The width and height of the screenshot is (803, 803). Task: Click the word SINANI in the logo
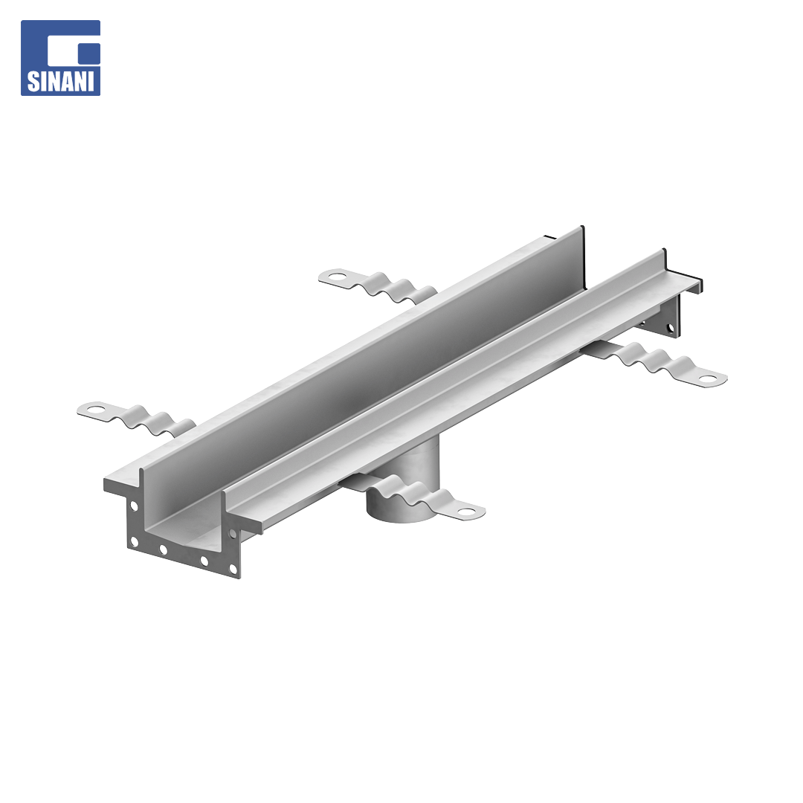pos(60,82)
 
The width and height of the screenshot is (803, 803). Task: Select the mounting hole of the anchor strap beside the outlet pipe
pos(467,511)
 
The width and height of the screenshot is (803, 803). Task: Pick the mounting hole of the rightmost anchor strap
pos(709,379)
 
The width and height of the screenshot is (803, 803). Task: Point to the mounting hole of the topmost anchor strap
pos(337,277)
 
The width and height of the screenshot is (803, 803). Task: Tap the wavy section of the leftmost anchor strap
pos(149,420)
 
